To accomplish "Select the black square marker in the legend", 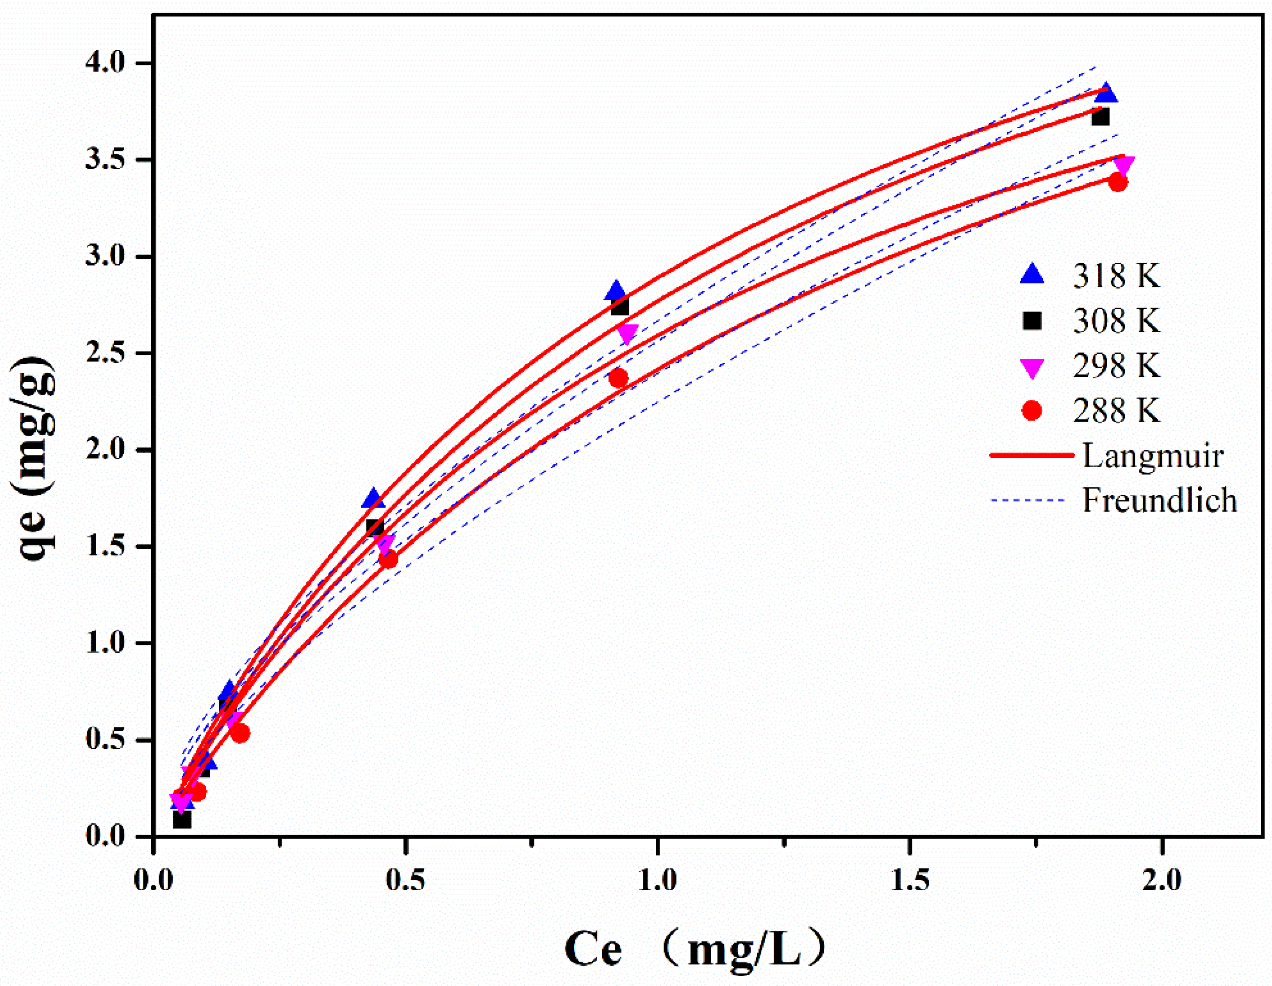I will point(1032,320).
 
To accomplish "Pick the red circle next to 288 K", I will point(1032,411).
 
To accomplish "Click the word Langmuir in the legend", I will point(1153,455).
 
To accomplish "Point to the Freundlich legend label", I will point(1159,500).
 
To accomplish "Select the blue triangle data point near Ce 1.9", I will point(1105,93).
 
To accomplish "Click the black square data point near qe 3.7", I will point(1100,117).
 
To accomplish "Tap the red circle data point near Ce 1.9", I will point(1117,182).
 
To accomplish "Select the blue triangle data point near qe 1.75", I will point(374,498).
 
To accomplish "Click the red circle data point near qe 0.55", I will point(240,733).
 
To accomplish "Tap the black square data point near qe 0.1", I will point(182,819).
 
